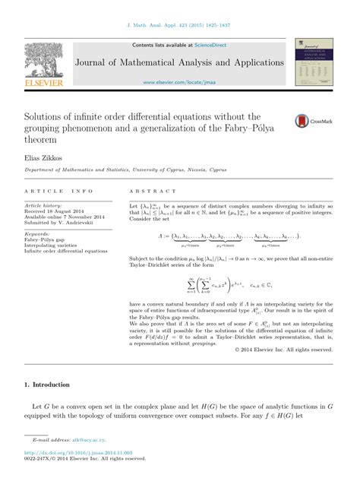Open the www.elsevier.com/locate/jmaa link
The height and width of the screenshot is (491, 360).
(x=180, y=81)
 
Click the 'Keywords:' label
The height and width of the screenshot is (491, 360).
(x=36, y=233)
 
